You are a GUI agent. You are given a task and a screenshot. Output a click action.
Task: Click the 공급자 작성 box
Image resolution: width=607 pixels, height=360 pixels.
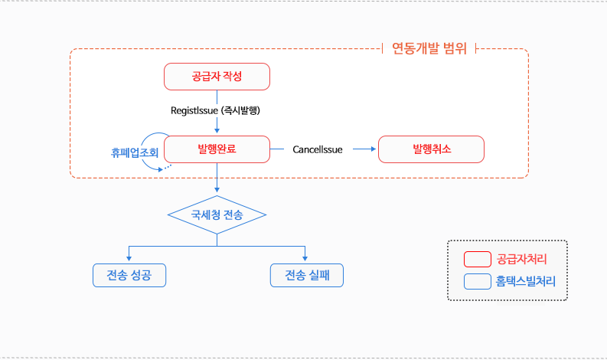coord(217,77)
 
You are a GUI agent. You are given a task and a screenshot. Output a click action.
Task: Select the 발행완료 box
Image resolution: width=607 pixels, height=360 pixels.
coord(217,149)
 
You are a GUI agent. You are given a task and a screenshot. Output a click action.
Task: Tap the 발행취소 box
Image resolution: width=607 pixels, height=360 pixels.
coord(432,149)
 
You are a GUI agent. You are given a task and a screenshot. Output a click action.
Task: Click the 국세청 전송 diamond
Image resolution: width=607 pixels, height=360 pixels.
coord(217,215)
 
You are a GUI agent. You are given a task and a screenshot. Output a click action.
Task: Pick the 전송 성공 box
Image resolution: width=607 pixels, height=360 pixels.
coord(129,275)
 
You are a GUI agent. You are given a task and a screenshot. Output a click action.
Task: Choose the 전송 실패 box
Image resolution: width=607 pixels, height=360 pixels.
coord(306,275)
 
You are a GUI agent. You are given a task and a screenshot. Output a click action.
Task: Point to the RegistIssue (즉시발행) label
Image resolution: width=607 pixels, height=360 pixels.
coord(217,110)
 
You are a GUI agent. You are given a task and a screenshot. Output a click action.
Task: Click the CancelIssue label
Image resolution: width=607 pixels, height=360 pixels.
coord(317,149)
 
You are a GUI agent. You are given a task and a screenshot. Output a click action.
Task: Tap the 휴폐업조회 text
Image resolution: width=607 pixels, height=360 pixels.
coord(135,152)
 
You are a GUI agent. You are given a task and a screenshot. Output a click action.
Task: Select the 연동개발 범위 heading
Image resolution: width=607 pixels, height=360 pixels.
coord(429,49)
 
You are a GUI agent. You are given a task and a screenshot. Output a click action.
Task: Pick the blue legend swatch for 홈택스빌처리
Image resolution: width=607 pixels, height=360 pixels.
coord(477,282)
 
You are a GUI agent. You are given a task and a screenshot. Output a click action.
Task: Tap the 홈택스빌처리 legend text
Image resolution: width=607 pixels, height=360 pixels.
coord(526,282)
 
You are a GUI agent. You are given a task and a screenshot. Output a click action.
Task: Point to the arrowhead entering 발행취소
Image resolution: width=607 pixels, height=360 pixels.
coord(374,149)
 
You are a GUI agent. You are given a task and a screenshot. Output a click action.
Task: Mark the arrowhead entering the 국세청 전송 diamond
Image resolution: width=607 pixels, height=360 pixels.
coord(217,191)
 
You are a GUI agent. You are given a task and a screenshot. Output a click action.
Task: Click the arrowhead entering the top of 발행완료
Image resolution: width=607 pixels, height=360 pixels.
coord(217,132)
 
